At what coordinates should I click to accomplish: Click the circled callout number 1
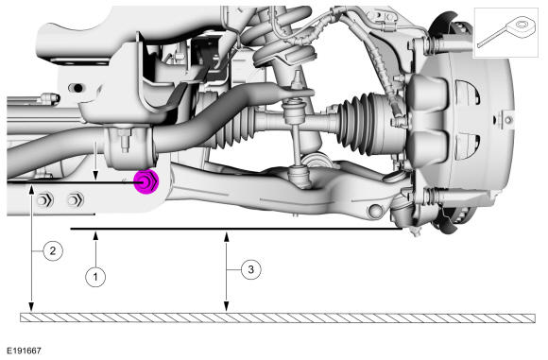click(x=95, y=278)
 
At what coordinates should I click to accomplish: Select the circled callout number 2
click(x=53, y=250)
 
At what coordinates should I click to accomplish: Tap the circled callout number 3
click(x=250, y=269)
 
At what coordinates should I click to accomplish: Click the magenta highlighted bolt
click(x=146, y=181)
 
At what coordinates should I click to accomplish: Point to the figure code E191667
click(x=24, y=351)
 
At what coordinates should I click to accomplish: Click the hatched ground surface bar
click(x=278, y=317)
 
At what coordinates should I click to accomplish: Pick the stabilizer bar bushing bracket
click(x=130, y=146)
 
